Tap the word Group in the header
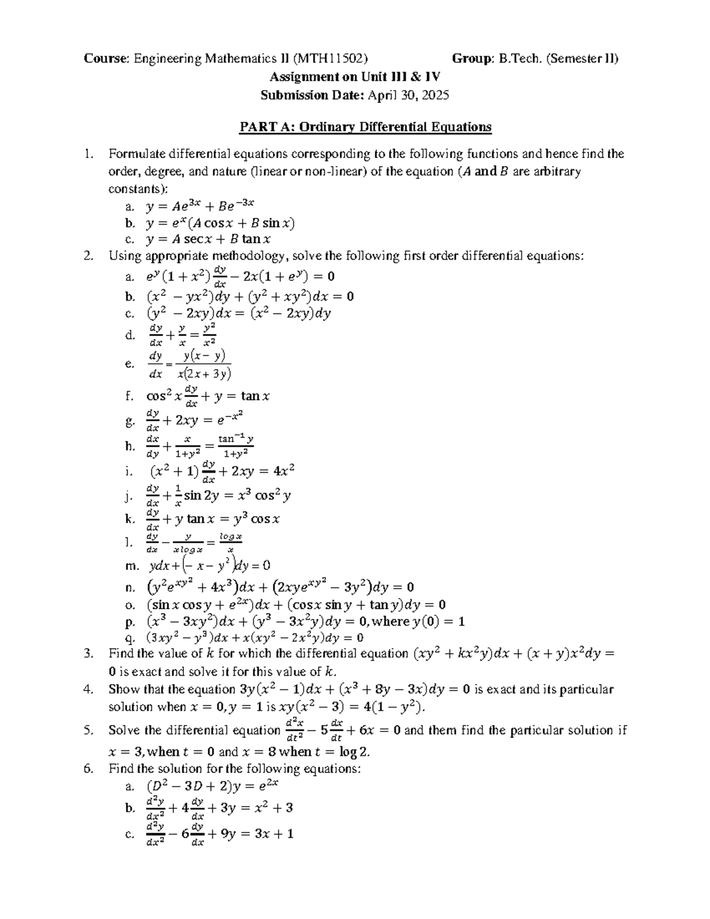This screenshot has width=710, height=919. pyautogui.click(x=470, y=59)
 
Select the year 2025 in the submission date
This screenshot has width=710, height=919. pyautogui.click(x=437, y=95)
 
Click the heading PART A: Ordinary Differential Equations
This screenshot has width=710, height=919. pyautogui.click(x=365, y=127)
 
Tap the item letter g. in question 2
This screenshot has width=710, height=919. pyautogui.click(x=130, y=421)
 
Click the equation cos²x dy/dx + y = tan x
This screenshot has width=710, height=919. pyautogui.click(x=208, y=396)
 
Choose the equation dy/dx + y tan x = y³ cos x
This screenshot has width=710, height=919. pyautogui.click(x=212, y=519)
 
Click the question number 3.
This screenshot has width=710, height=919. pyautogui.click(x=88, y=654)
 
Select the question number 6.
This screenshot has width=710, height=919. pyautogui.click(x=88, y=769)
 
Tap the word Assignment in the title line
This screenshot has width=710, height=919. pyautogui.click(x=299, y=77)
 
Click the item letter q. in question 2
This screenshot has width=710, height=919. pyautogui.click(x=131, y=638)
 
